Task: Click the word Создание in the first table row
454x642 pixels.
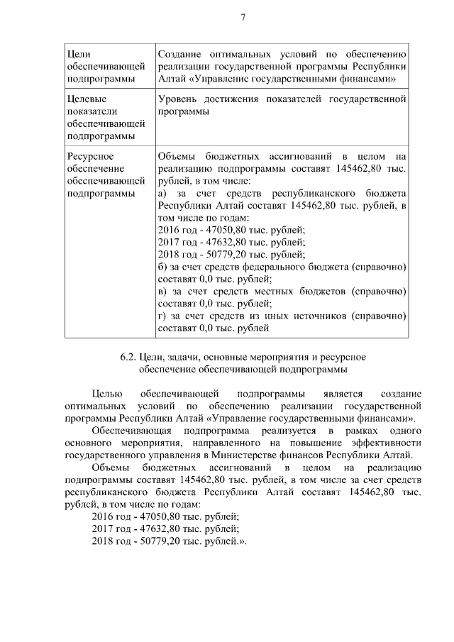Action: point(180,53)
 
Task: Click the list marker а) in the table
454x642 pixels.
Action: point(162,194)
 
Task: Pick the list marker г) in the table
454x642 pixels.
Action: point(162,316)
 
